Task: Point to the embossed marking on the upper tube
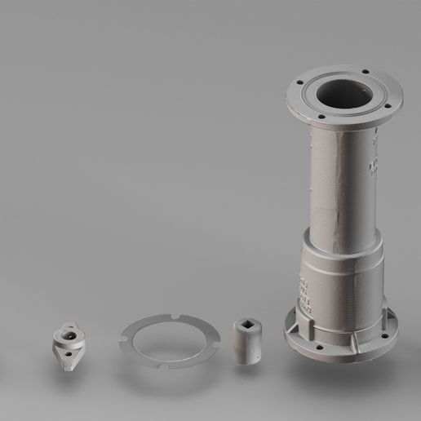click(373, 163)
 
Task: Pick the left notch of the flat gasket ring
click(123, 334)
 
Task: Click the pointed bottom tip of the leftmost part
click(72, 370)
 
